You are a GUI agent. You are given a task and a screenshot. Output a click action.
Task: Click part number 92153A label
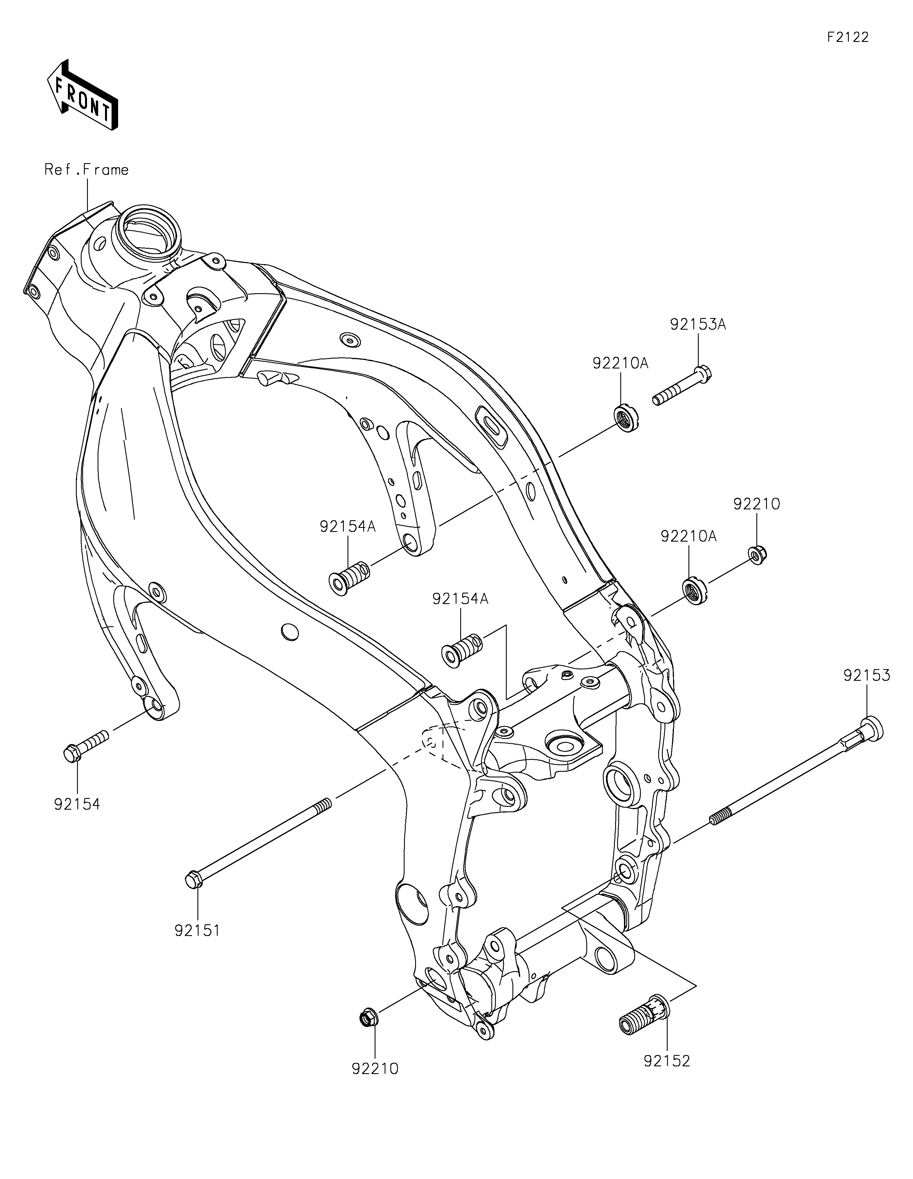(698, 325)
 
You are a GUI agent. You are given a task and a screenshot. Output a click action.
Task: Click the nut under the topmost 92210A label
(626, 418)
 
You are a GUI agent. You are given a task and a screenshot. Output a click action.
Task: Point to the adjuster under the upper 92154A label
(349, 577)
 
